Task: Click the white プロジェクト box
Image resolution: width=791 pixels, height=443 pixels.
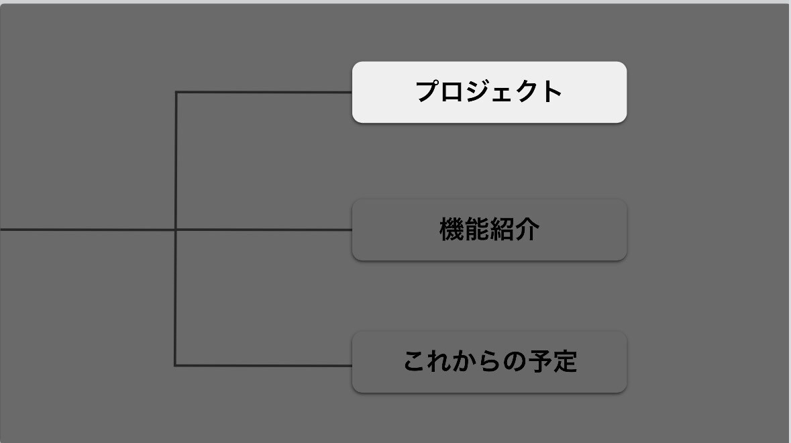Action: pos(489,93)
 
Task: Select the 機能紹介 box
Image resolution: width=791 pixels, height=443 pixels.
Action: pos(489,230)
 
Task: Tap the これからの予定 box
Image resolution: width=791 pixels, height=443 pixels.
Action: pos(489,362)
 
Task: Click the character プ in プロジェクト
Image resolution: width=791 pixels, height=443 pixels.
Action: pos(428,91)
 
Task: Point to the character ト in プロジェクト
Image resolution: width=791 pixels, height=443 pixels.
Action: pos(551,92)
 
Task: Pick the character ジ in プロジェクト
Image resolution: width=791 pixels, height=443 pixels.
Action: pos(478,91)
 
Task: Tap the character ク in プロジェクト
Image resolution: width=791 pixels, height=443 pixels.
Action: pos(526,92)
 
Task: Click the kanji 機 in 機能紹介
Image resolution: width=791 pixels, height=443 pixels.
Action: pos(452,230)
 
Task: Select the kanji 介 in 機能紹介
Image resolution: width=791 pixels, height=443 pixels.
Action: pos(527,230)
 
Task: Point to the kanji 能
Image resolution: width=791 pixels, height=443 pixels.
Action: pos(477,230)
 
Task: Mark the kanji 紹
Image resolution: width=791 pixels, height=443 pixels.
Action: pos(502,230)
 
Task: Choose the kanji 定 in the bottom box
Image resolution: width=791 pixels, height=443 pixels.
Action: pos(565,362)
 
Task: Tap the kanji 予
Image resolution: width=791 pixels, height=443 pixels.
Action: pos(540,362)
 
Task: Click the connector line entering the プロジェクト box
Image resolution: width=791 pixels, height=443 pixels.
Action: pos(264,93)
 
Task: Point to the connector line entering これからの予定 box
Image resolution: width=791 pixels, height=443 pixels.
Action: pos(263,365)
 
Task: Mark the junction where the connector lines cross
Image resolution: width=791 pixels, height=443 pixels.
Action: pos(176,230)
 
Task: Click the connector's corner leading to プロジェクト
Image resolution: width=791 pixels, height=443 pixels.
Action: pos(176,93)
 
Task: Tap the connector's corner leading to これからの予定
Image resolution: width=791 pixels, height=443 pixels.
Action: pos(175,365)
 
